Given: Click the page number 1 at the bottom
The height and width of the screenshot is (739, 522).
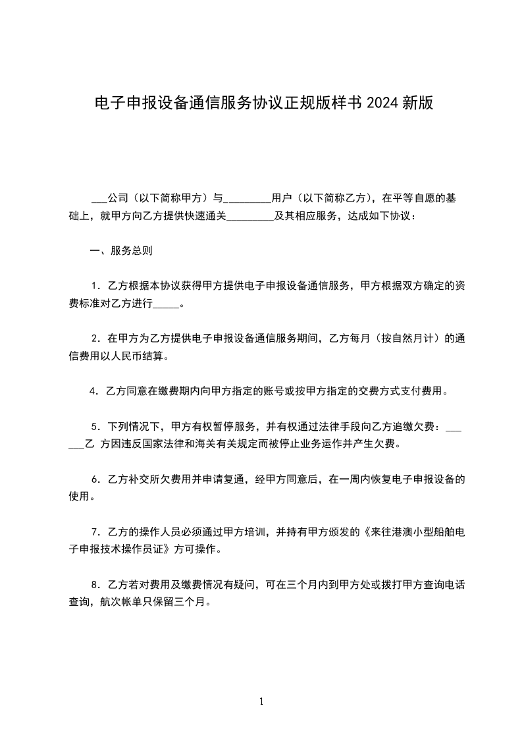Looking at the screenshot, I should pyautogui.click(x=261, y=701).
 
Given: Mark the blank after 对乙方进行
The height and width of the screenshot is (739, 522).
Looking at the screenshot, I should pyautogui.click(x=166, y=305).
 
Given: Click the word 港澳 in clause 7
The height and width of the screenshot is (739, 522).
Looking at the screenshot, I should pyautogui.click(x=397, y=532).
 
